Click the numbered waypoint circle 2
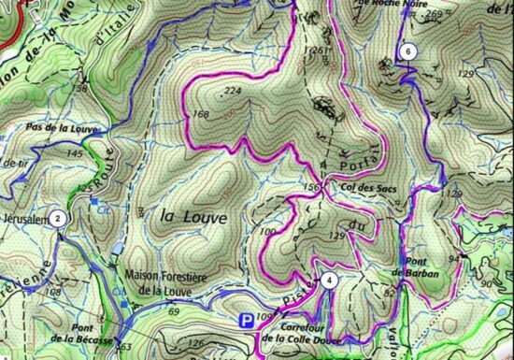tap(58, 219)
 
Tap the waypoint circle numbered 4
tap(328, 279)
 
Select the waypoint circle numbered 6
tap(405, 50)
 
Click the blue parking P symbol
tap(246, 321)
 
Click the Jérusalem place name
tap(22, 219)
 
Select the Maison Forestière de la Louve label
tap(167, 283)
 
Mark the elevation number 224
tap(233, 92)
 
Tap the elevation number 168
tap(199, 115)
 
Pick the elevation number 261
tap(321, 50)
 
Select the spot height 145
tap(75, 153)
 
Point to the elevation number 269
tap(432, 16)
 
